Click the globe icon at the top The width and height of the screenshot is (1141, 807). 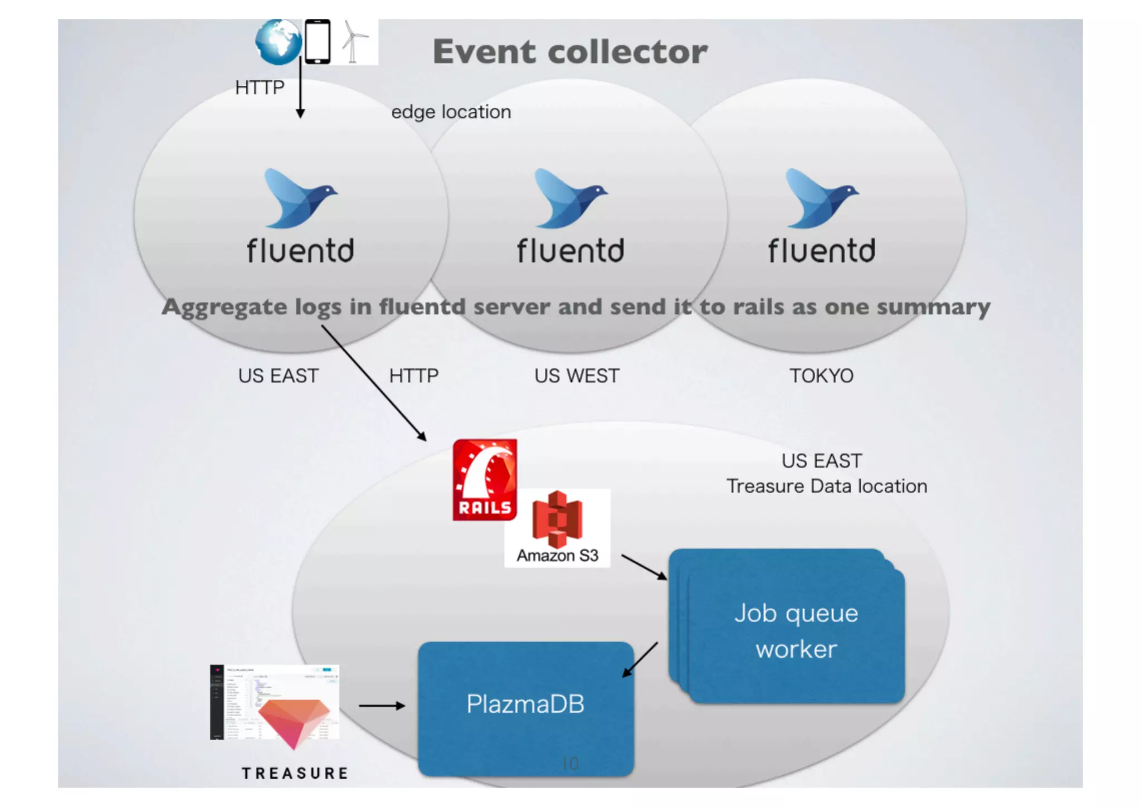pyautogui.click(x=278, y=42)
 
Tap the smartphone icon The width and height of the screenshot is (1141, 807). pyautogui.click(x=318, y=42)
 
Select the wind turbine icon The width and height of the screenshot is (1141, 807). pyautogui.click(x=353, y=42)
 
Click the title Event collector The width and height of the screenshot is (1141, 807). pyautogui.click(x=570, y=52)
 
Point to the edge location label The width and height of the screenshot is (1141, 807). pyautogui.click(x=451, y=112)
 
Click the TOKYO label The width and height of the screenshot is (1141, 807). pyautogui.click(x=821, y=376)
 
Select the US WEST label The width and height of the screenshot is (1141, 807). pyautogui.click(x=577, y=376)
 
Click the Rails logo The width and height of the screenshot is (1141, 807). pyautogui.click(x=485, y=480)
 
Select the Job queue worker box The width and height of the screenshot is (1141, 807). pyautogui.click(x=796, y=631)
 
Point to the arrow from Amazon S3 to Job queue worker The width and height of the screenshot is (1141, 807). pyautogui.click(x=643, y=567)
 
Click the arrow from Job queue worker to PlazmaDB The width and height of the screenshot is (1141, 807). pyautogui.click(x=640, y=660)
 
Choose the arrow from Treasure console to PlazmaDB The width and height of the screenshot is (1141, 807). pyautogui.click(x=382, y=706)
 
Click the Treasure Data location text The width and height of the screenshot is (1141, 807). pyautogui.click(x=826, y=487)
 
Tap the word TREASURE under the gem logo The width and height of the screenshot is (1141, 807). pyautogui.click(x=295, y=774)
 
